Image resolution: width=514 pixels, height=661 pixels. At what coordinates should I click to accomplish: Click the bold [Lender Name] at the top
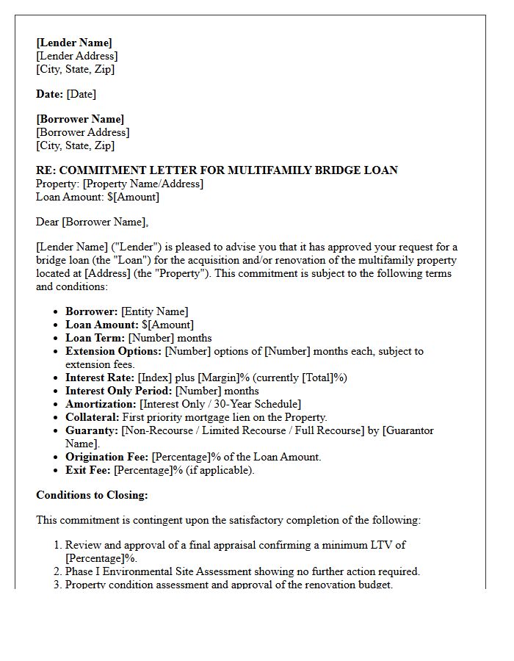pos(74,43)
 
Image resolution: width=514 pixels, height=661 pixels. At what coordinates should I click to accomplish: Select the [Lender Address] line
pos(76,56)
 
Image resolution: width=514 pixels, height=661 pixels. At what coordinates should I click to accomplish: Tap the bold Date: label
pos(50,94)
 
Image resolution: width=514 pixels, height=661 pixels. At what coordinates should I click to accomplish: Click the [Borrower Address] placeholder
pos(82,132)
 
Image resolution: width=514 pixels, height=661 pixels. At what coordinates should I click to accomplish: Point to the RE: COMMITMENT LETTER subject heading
pos(217,170)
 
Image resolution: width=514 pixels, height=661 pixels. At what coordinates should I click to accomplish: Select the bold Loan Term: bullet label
pos(95,338)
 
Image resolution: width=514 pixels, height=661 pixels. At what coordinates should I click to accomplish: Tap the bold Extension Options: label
pos(113,351)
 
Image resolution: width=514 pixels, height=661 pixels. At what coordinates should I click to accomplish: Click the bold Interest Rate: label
pos(99,378)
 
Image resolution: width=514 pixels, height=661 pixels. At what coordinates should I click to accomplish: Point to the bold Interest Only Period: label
pos(119,391)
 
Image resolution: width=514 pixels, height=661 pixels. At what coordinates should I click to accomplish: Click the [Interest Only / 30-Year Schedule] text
pos(220,404)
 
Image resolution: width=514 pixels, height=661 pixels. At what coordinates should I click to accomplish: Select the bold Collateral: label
pos(93,417)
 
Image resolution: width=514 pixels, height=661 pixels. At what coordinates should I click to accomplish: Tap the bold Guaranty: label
pos(92,430)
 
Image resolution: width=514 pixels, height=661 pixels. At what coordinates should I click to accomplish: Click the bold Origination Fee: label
pos(107,457)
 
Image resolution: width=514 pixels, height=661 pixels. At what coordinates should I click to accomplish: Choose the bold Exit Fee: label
pos(88,470)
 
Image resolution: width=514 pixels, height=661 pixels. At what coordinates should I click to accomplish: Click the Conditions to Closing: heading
pos(92,495)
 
